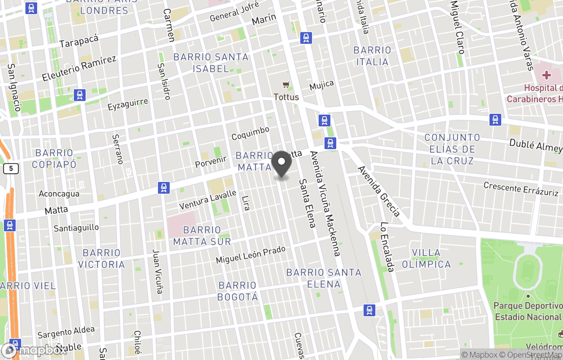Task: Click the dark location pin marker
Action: click(281, 164)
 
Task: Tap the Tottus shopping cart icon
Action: click(286, 85)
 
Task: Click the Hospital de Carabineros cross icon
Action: click(546, 75)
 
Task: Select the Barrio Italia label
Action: click(372, 56)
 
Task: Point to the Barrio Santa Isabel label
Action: click(211, 63)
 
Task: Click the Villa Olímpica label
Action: click(426, 258)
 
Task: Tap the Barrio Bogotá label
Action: click(238, 291)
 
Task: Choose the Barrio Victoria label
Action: click(101, 259)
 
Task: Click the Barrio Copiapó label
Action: click(54, 159)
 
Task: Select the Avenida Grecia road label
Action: click(379, 191)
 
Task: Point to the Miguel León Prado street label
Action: click(251, 255)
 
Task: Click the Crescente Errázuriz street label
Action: click(521, 188)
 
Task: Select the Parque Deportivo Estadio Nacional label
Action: click(528, 311)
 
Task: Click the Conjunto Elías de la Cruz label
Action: click(452, 149)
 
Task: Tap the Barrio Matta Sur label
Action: click(202, 235)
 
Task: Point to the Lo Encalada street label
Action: click(386, 247)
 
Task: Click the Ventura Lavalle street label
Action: click(207, 199)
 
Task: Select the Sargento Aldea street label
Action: click(66, 332)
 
